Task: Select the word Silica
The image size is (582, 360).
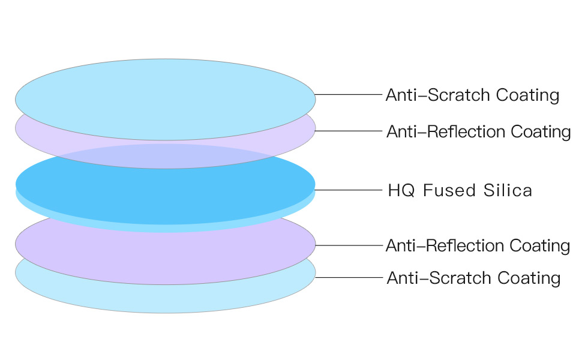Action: tap(508, 191)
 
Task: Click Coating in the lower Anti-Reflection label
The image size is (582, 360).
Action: tap(539, 246)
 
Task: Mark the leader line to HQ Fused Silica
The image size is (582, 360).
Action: tap(348, 190)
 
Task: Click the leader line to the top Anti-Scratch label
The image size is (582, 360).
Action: tap(348, 94)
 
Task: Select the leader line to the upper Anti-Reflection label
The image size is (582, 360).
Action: tap(348, 130)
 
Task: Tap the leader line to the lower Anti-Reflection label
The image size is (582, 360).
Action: tap(348, 245)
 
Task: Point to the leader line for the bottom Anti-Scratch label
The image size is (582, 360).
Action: tap(348, 277)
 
